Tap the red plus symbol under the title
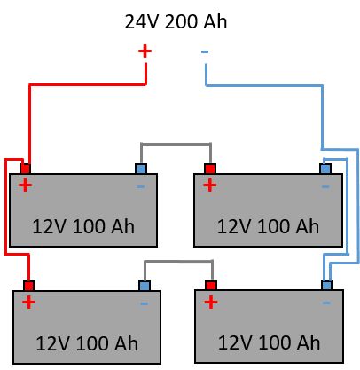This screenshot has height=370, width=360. point(145,51)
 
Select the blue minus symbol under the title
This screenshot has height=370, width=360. point(205,52)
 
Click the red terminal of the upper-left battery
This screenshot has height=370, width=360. point(26,169)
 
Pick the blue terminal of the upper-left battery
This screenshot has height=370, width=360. point(140,169)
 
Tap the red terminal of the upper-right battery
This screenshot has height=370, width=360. point(210,169)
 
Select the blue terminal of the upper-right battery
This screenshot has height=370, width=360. point(326,169)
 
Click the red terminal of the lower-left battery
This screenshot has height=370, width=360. point(29,286)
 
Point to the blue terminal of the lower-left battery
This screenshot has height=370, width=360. point(144,286)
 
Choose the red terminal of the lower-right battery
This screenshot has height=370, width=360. point(211,286)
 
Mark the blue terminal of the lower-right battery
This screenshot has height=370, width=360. point(326,286)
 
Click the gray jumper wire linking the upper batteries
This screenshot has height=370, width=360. point(176,144)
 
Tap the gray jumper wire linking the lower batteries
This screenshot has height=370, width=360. point(178,261)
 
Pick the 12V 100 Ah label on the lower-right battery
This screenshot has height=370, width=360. point(269,342)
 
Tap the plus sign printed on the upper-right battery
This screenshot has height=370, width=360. point(209,185)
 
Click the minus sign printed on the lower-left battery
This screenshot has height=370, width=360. point(144,303)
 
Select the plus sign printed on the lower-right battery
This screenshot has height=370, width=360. point(210,303)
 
